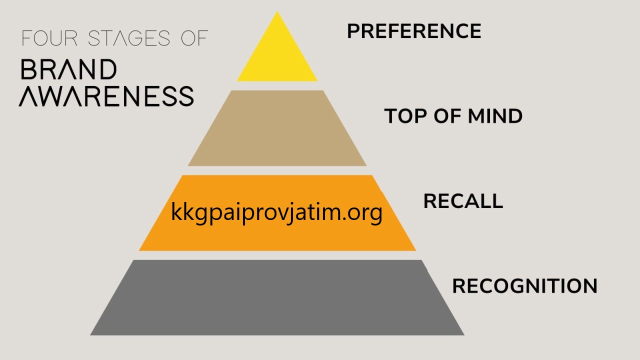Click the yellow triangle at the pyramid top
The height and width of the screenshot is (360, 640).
[x=277, y=57]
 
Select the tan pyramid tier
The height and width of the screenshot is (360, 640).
[x=277, y=128]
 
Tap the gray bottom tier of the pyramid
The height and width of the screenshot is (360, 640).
[x=277, y=297]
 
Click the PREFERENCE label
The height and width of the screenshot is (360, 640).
[x=414, y=31]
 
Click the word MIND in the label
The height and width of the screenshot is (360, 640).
[x=495, y=116]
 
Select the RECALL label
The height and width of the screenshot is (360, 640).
[x=463, y=201]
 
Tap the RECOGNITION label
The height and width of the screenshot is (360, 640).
[x=525, y=285]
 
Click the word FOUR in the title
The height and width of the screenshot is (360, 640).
[x=49, y=38]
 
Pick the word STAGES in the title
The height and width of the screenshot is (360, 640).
[x=129, y=38]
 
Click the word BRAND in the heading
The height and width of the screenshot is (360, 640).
[x=69, y=69]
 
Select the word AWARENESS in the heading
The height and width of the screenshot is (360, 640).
[x=106, y=96]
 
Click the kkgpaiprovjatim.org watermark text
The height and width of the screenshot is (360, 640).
[x=276, y=212]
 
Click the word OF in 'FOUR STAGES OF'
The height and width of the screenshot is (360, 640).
[x=194, y=38]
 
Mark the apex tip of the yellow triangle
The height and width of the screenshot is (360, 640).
[x=277, y=11]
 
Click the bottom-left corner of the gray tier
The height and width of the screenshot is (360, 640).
[x=90, y=335]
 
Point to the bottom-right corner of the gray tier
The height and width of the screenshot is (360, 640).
[x=464, y=335]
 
